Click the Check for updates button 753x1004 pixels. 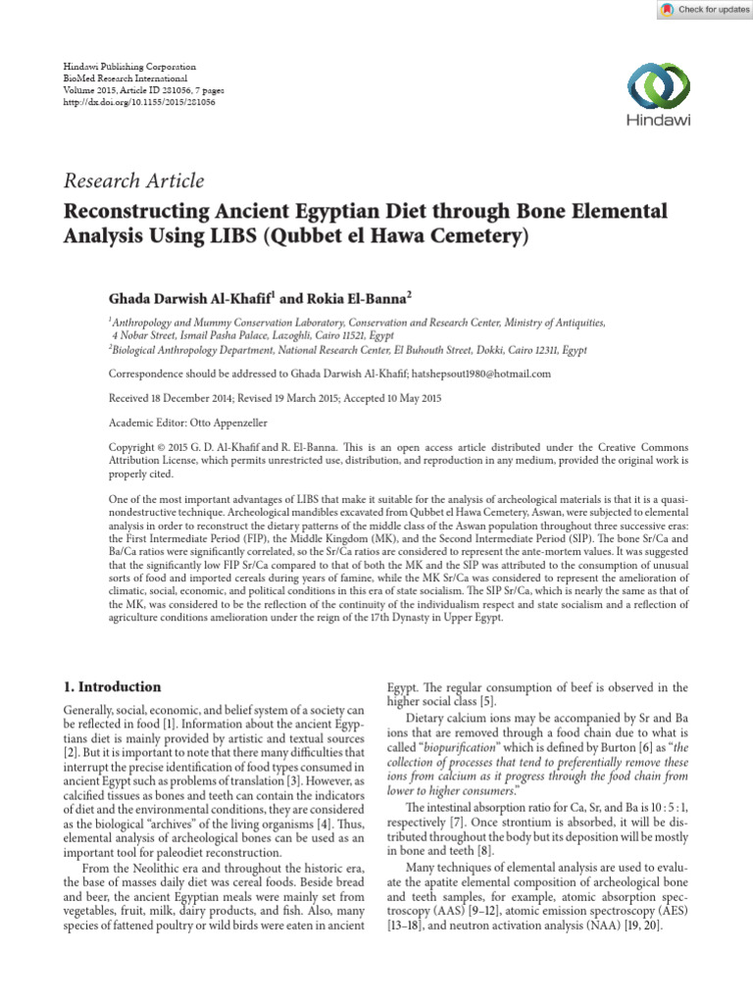(698, 10)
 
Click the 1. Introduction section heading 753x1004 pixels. (112, 686)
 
